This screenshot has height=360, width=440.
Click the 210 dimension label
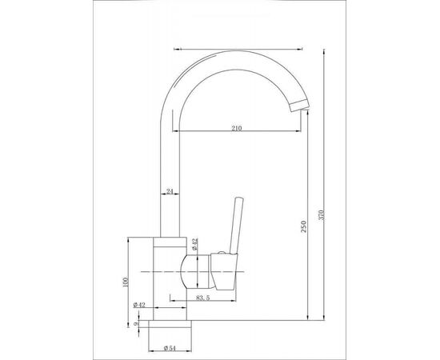point(236,128)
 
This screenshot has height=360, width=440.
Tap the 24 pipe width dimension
point(170,191)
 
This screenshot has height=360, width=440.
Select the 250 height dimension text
point(304,226)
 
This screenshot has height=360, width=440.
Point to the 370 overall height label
point(322,214)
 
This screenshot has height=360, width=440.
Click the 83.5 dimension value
point(203,298)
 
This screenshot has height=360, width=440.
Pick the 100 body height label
point(125,282)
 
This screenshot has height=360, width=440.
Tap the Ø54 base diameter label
point(169,348)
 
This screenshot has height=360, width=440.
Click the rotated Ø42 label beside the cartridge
point(195,244)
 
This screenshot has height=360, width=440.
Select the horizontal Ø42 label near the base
point(139,305)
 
